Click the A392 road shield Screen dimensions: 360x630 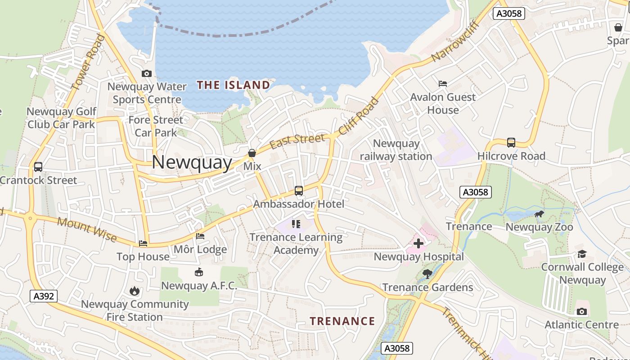tap(44, 296)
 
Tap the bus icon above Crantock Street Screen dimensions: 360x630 tap(38, 167)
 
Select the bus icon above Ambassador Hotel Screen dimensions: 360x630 tap(299, 191)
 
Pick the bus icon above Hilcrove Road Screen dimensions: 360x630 tap(511, 143)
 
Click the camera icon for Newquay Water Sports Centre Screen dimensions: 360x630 tap(147, 73)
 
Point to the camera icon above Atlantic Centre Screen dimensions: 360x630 tap(581, 311)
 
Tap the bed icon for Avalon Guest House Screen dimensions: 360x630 tap(443, 84)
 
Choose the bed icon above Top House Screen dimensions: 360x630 tap(143, 243)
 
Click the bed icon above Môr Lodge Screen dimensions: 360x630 tap(200, 236)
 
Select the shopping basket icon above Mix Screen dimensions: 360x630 tap(252, 153)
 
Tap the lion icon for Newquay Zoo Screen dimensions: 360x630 tap(539, 214)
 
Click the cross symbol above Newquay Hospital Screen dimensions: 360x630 tap(418, 243)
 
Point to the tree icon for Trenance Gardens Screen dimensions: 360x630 tap(427, 274)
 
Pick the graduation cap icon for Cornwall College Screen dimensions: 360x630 tap(582, 254)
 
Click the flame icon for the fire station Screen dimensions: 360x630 tap(134, 291)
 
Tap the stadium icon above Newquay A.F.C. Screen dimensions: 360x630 tap(198, 272)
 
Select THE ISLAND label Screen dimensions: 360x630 tap(234, 85)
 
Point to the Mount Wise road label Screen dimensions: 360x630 tap(87, 229)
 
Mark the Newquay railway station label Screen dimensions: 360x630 tap(396, 150)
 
